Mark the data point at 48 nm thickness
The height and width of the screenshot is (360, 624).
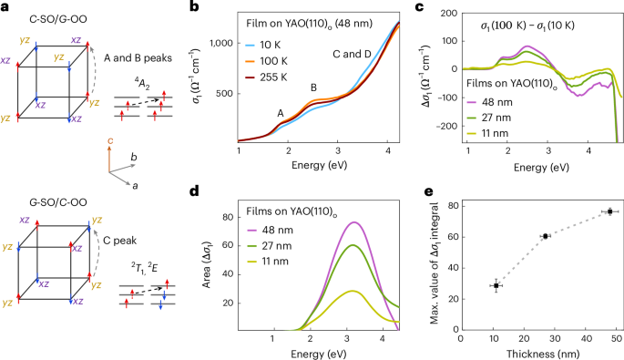[x=609, y=211]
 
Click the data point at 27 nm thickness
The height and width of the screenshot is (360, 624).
[x=546, y=236]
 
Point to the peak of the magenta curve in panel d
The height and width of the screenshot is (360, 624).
[x=353, y=222]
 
